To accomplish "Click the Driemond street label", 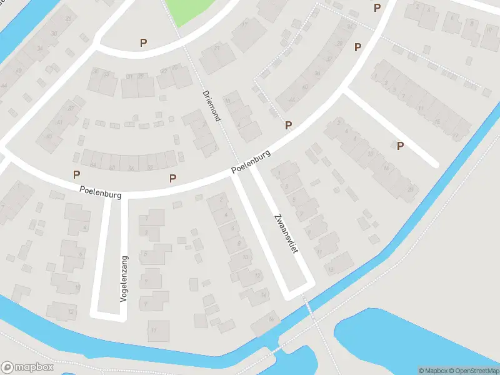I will click(x=211, y=106).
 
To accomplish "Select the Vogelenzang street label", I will click(x=124, y=279).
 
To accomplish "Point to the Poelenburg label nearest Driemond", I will click(x=250, y=161).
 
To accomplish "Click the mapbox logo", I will click(x=26, y=367).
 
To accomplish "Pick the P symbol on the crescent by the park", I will click(x=144, y=43).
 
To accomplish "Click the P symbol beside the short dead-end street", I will click(x=400, y=146).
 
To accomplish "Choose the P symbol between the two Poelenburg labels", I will click(x=172, y=178).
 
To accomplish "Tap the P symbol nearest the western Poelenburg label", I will click(x=77, y=174).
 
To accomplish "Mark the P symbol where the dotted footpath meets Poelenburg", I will click(x=288, y=125).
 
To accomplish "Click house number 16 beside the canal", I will click(x=271, y=319).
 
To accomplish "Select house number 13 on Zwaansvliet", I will click(x=331, y=269).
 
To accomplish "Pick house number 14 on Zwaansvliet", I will click(x=264, y=295).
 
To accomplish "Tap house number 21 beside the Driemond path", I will click(x=217, y=48).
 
